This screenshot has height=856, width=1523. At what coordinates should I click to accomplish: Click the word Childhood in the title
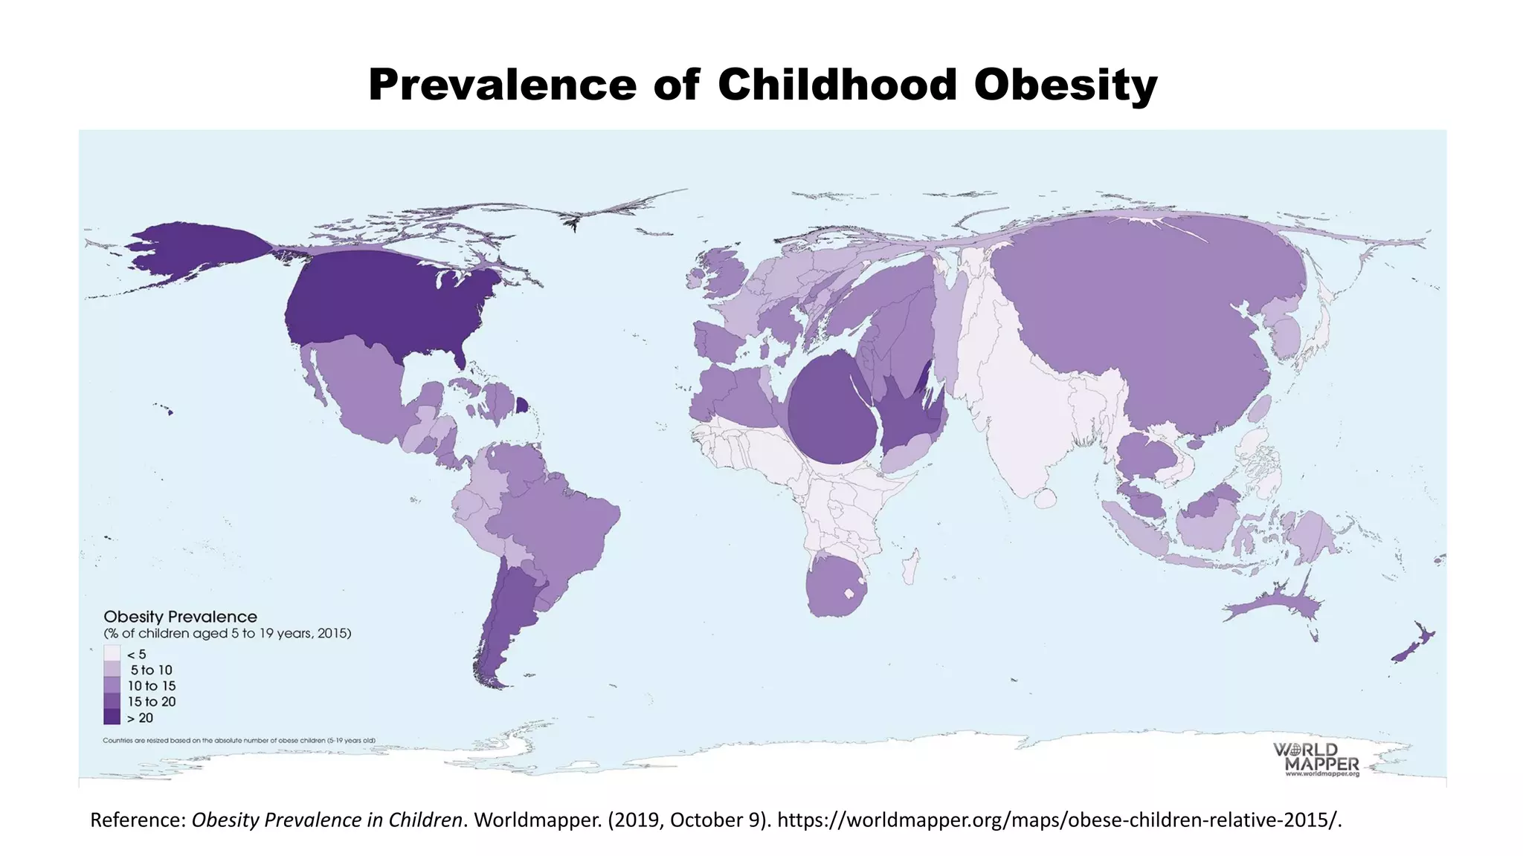(837, 85)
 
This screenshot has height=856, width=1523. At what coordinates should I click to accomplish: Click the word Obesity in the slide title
(1065, 85)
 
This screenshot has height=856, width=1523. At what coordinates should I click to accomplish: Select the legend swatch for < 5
(112, 654)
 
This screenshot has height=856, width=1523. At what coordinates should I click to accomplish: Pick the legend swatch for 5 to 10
(112, 669)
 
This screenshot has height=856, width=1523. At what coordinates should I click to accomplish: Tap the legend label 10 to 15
(152, 686)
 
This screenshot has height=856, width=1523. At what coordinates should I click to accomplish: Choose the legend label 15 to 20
(152, 701)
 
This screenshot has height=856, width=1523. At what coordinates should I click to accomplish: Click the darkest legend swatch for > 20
(112, 717)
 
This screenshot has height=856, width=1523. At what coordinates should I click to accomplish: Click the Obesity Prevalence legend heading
(180, 617)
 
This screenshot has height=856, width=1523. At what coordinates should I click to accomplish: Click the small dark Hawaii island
(170, 412)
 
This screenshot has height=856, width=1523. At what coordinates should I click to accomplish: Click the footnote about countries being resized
(239, 740)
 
